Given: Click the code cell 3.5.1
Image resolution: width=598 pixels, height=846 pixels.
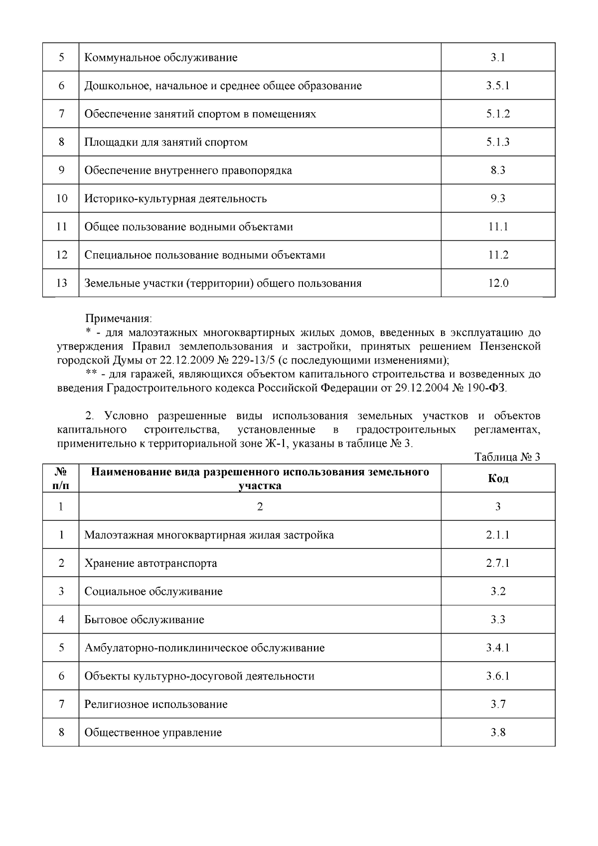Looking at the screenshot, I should coord(498,86).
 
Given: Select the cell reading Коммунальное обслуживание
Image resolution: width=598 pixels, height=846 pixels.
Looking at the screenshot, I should coord(161,57).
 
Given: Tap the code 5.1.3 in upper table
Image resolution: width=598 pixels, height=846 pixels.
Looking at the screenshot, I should coord(498,142).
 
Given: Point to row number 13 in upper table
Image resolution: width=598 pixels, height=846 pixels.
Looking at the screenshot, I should coord(61,283).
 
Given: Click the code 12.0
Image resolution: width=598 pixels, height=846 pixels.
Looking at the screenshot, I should coord(498,283).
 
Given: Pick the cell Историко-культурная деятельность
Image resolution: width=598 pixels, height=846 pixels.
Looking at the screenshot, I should coord(175,198).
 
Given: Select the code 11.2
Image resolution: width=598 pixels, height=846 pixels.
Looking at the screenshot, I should coord(498,255).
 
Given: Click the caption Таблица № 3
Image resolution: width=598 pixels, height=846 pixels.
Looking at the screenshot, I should coord(507,457).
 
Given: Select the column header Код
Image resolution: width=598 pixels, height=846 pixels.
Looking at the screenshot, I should coord(498,479).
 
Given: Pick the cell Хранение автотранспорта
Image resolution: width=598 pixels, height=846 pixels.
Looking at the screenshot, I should coord(150,563).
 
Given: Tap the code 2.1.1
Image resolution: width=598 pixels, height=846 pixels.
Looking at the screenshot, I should coord(498,535).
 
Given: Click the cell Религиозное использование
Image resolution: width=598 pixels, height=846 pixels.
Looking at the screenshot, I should coord(156,704).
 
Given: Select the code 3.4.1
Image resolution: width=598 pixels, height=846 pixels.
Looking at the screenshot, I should coord(498,648).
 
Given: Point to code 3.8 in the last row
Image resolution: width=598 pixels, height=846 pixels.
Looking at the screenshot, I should coord(498,732).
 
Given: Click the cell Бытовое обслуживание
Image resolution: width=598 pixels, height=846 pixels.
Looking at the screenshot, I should coord(144,620).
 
